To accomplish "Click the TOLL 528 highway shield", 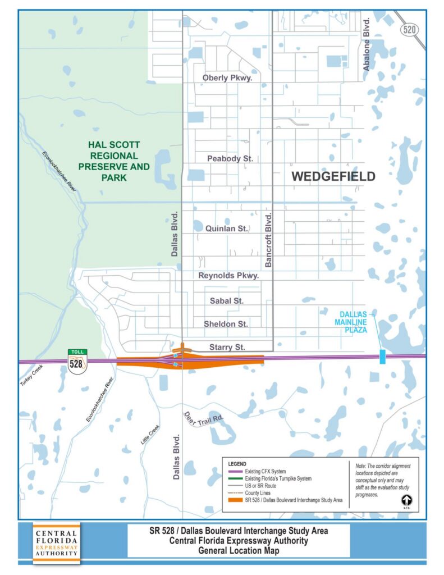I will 77,360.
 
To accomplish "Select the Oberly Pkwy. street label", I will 227,78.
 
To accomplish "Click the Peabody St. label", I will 230,159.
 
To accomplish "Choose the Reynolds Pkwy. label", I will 228,276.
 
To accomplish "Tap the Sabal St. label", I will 227,301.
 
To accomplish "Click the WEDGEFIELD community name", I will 333,177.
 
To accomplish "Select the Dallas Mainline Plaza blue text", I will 351,322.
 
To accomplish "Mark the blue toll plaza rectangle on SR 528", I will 382,357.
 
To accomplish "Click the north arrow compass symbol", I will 406,499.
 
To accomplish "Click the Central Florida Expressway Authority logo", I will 56,543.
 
